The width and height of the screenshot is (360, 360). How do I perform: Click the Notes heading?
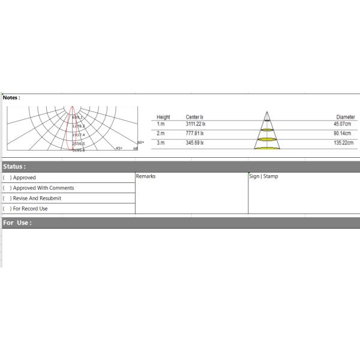click(x=11, y=97)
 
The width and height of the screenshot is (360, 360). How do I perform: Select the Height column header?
click(x=163, y=117)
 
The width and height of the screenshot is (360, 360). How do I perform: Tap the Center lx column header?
click(x=194, y=117)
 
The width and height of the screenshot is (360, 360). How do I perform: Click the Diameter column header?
click(x=345, y=117)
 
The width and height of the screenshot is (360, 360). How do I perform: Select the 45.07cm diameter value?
click(x=344, y=124)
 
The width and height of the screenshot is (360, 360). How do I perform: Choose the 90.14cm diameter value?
click(x=344, y=133)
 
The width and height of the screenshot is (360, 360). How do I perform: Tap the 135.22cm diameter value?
click(x=343, y=143)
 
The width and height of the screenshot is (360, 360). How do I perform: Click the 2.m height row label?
click(x=160, y=133)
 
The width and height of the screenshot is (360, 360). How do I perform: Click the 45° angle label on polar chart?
click(x=119, y=148)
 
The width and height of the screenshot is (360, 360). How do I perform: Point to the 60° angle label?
click(x=140, y=142)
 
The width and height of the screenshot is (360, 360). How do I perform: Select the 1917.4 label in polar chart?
click(x=79, y=135)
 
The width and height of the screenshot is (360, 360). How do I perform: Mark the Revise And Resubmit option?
click(x=37, y=198)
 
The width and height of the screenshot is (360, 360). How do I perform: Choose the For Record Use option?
click(x=30, y=209)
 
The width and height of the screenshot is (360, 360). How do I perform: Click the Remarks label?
click(x=146, y=176)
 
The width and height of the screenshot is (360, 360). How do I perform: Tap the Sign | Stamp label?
click(x=264, y=176)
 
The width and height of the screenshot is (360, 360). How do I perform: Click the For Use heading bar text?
click(x=17, y=223)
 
